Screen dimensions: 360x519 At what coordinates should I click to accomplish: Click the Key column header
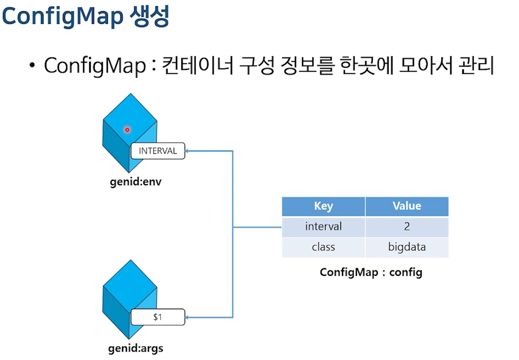(x=323, y=206)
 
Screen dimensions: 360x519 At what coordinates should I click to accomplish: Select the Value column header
(x=407, y=206)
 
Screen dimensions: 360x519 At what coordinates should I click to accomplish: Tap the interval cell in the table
(x=323, y=226)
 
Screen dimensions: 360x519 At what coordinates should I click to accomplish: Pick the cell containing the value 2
(x=407, y=226)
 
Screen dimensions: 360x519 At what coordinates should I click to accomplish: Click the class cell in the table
(x=323, y=247)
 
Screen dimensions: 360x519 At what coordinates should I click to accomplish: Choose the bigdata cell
(x=407, y=247)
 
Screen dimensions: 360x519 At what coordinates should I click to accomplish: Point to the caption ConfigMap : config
(x=371, y=272)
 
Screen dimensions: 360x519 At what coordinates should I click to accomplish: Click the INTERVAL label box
(x=158, y=151)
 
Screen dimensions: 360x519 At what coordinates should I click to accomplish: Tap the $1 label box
(x=158, y=317)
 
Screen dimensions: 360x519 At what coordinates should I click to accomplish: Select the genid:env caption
(x=135, y=181)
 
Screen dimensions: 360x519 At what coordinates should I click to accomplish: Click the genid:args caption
(x=135, y=348)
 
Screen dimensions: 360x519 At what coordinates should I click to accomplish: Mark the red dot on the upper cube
(x=127, y=130)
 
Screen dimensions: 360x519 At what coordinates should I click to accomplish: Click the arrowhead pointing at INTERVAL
(x=188, y=151)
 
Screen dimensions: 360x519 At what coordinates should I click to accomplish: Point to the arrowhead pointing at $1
(x=188, y=317)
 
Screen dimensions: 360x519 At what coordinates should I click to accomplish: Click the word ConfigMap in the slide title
(x=63, y=16)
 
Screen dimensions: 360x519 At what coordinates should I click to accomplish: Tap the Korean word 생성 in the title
(x=150, y=16)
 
